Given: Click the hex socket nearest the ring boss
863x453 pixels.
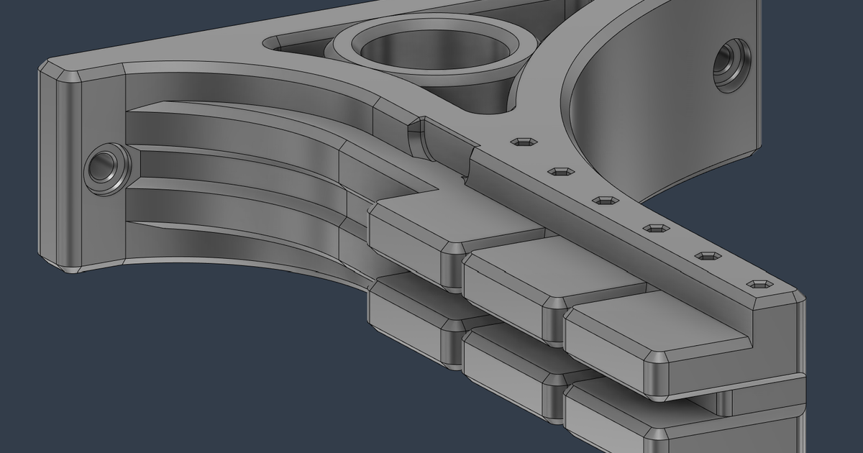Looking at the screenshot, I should coord(524,142).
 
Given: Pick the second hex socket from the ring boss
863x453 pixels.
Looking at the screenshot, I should coord(561,171).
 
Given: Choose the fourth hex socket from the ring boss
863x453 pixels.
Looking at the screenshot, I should coord(656,228).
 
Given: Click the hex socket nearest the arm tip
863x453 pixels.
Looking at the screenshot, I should coord(760,285).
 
